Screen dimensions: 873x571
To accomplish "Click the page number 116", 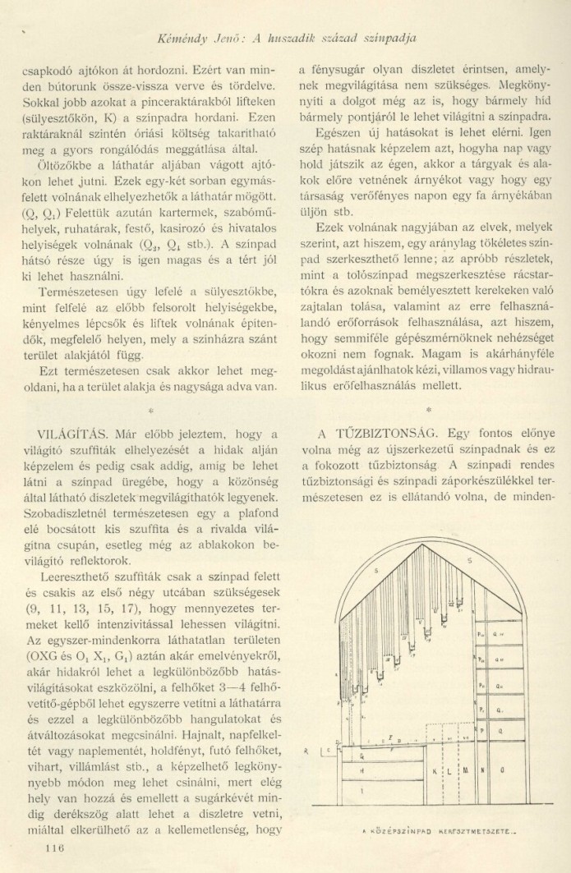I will [x=55, y=848].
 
